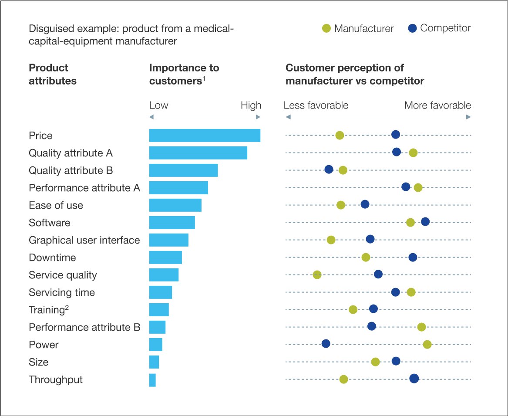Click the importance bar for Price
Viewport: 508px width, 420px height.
(205, 135)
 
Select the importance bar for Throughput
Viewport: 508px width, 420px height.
(152, 380)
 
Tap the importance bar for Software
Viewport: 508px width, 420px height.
(172, 223)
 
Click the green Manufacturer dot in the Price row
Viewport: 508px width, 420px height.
(340, 135)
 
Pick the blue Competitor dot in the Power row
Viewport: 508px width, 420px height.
(326, 344)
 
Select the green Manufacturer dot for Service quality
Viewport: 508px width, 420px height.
(317, 274)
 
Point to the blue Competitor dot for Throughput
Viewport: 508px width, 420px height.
(414, 379)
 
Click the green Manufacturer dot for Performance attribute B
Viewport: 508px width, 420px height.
(421, 327)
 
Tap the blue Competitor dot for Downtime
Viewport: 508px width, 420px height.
(413, 257)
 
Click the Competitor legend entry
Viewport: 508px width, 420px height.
(439, 28)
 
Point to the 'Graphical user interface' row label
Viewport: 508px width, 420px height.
(84, 240)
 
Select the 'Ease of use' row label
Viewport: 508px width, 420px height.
(56, 205)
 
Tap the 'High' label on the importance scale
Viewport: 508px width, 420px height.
(251, 105)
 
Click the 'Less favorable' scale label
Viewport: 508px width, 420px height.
(316, 105)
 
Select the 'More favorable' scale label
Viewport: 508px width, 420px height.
(437, 105)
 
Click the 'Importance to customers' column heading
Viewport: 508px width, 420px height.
(184, 75)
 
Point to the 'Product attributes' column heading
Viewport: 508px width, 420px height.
(53, 75)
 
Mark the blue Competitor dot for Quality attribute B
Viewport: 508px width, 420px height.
(329, 169)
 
